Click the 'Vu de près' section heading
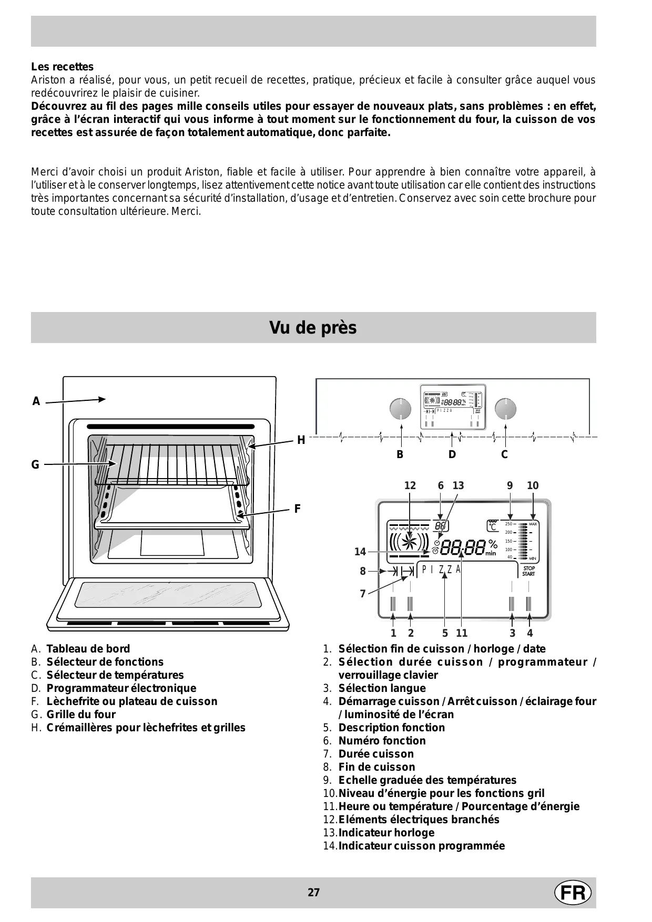[x=313, y=328]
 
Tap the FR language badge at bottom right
[x=573, y=893]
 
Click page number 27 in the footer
[x=313, y=893]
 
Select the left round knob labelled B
[x=401, y=409]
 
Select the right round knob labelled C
[x=505, y=409]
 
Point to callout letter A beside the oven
[x=36, y=402]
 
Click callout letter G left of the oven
[x=35, y=465]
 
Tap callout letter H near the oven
[x=301, y=440]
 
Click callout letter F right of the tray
[x=297, y=509]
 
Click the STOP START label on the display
[x=528, y=571]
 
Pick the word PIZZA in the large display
[x=441, y=570]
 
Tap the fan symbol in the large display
[x=409, y=541]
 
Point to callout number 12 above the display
[x=410, y=486]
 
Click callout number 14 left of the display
[x=360, y=552]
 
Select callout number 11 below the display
[x=462, y=634]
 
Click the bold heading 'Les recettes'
[x=62, y=67]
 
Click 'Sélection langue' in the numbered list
[x=382, y=688]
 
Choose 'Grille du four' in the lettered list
[x=81, y=714]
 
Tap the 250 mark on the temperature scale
[x=508, y=524]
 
